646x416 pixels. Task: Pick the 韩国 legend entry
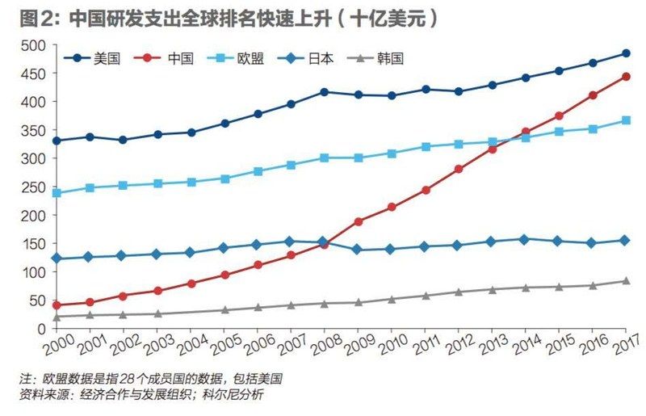point(391,58)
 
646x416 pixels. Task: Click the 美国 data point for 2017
point(626,53)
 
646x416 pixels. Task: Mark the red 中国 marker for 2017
point(626,78)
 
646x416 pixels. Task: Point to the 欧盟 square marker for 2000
point(57,193)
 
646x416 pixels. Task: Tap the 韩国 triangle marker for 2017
point(626,281)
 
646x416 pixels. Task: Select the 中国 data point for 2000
point(57,305)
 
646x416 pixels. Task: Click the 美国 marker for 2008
point(325,92)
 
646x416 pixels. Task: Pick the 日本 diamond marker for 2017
point(626,240)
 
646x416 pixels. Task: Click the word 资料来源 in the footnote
point(46,395)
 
